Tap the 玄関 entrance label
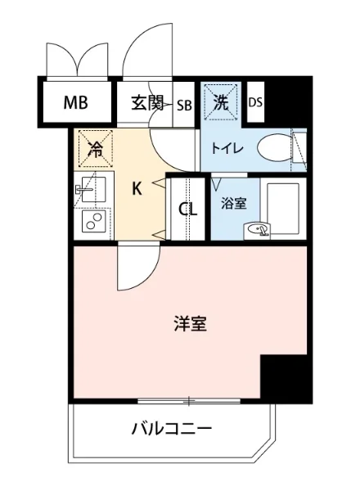pos(147,104)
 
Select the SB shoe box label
pos(184,105)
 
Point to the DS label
pos(255,103)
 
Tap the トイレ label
pos(225,149)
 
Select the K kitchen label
pos(137,189)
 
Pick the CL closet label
pos(188,209)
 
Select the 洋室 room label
pos(190,324)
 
